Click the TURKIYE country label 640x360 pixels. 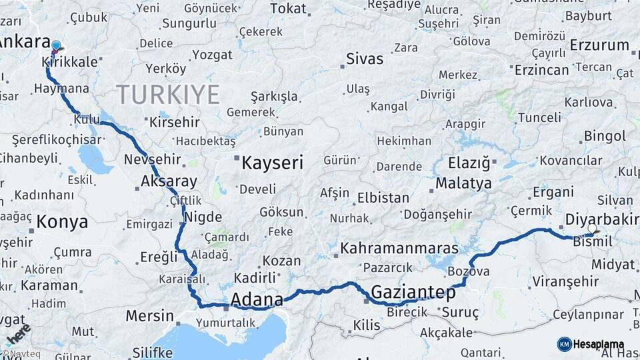click(167, 95)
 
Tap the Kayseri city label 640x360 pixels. click(272, 163)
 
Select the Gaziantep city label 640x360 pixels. click(413, 292)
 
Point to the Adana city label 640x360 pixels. click(257, 299)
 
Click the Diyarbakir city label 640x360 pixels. click(602, 219)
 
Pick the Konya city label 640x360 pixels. click(62, 221)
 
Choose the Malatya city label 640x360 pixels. click(464, 183)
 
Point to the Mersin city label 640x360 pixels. click(149, 315)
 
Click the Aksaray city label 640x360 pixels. click(169, 181)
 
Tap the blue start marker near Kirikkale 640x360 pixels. click(56, 46)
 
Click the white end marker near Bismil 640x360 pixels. click(592, 229)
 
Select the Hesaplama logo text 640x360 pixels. click(600, 345)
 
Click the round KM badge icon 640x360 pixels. click(565, 345)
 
